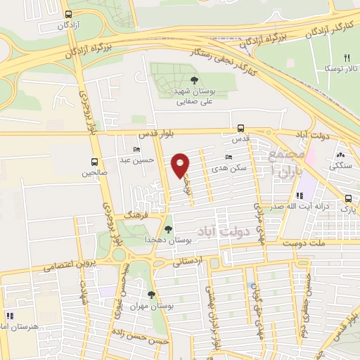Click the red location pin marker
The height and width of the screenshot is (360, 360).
(180, 165)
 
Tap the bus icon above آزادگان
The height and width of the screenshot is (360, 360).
(67, 14)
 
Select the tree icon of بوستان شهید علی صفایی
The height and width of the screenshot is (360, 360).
(195, 80)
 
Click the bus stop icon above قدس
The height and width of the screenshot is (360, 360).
(241, 128)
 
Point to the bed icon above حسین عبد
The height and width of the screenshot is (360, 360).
(136, 150)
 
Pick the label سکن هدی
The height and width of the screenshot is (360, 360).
(233, 169)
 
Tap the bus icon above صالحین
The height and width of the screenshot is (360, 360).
(94, 161)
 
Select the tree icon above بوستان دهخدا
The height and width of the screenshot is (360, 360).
(167, 229)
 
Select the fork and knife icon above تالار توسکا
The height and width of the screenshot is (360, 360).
(346, 58)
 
